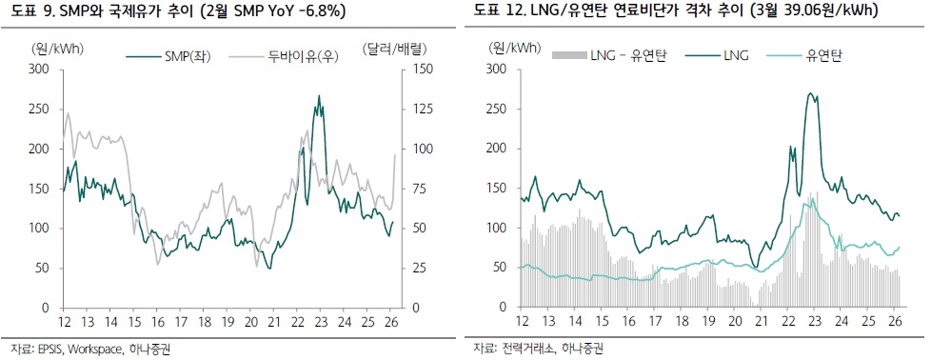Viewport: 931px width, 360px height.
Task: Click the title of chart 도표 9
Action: pyautogui.click(x=178, y=11)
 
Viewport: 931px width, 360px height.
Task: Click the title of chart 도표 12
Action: pyautogui.click(x=674, y=11)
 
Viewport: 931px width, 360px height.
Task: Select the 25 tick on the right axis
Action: pyautogui.click(x=420, y=269)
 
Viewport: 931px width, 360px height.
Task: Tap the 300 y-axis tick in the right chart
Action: pyautogui.click(x=495, y=70)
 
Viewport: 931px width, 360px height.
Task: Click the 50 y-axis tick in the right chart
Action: pyautogui.click(x=499, y=269)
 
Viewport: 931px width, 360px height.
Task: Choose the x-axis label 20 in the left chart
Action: pyautogui.click(x=251, y=322)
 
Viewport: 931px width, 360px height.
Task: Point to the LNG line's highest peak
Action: pyautogui.click(x=809, y=93)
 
